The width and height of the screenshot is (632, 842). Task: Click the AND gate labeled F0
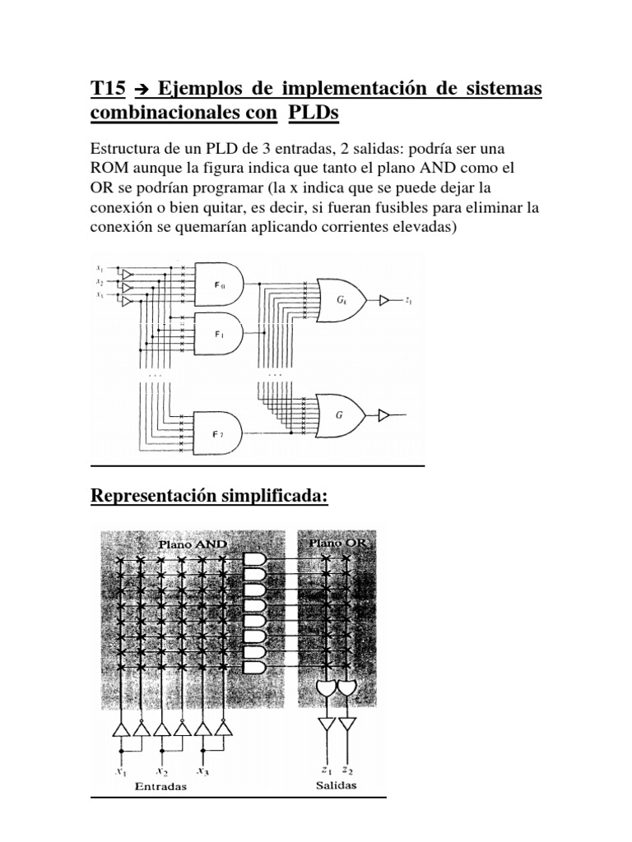(217, 285)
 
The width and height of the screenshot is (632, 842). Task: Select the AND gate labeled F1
(217, 334)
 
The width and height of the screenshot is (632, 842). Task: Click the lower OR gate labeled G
(339, 415)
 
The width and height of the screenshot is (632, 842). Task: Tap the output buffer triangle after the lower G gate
(383, 415)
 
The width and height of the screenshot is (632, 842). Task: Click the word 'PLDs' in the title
(314, 116)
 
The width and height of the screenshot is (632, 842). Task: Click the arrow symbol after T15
(139, 89)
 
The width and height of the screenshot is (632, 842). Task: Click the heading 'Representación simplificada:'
(209, 497)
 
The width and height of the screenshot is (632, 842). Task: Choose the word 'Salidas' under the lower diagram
(336, 786)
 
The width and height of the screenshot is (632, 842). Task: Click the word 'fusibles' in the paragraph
(393, 209)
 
